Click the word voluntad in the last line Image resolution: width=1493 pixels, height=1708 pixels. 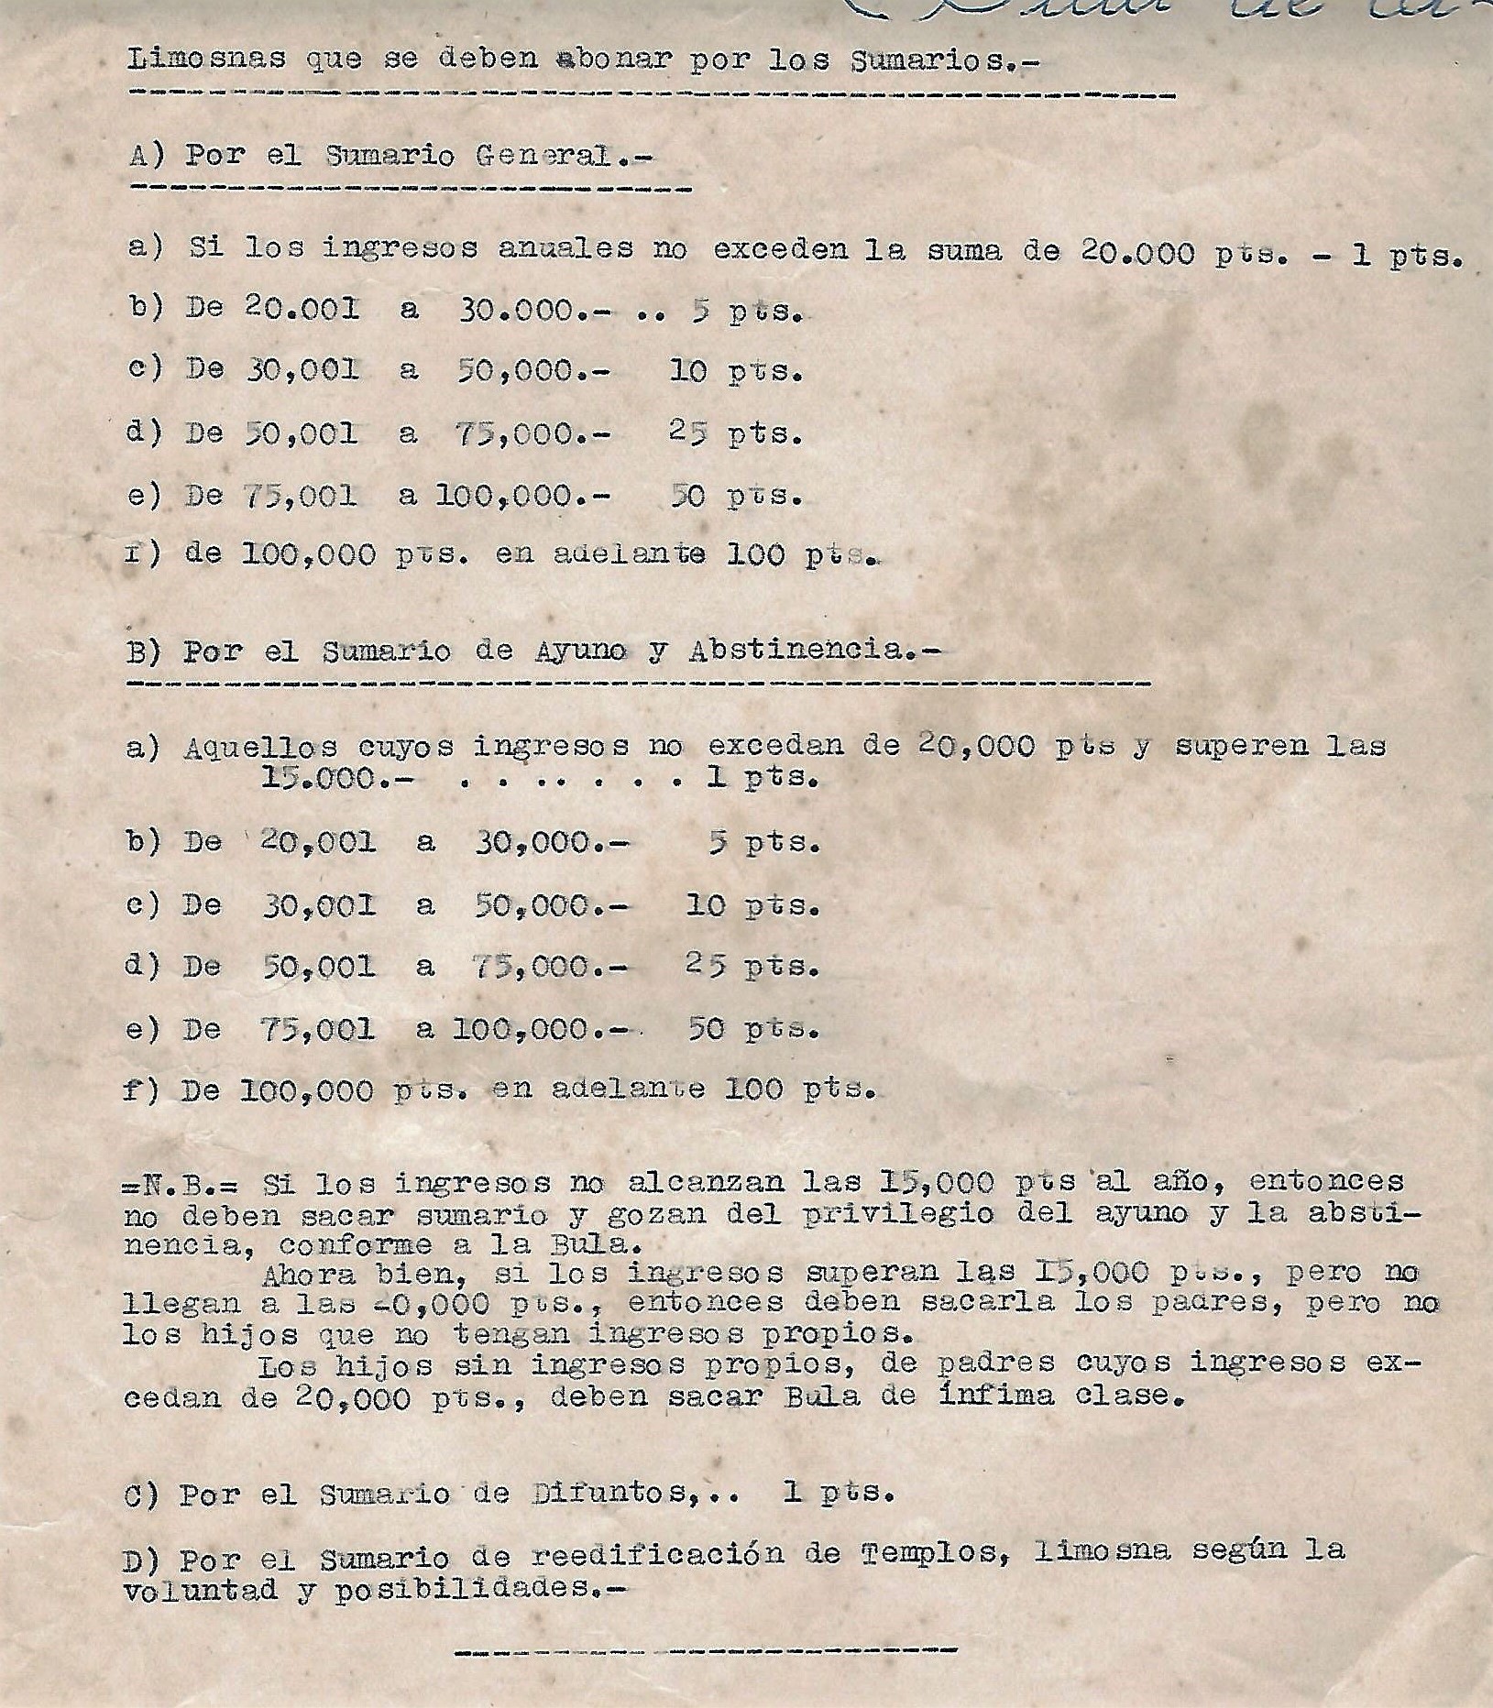coord(199,1591)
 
